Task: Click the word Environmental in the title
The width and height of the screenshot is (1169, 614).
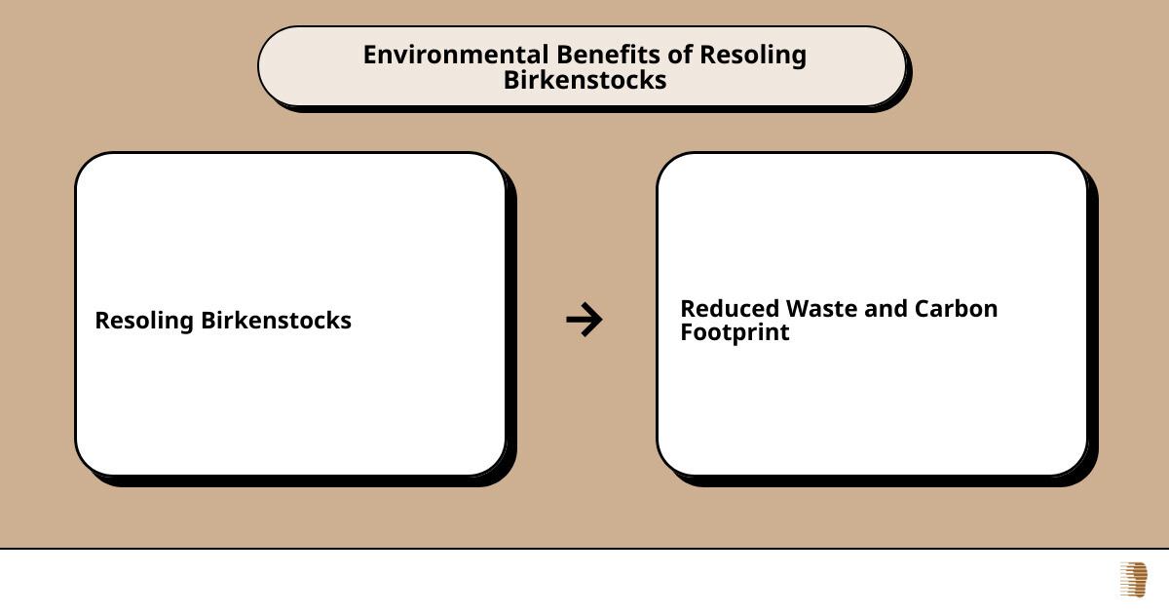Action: point(456,55)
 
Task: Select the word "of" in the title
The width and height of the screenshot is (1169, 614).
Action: point(680,55)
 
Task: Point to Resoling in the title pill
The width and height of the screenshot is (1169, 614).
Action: point(753,56)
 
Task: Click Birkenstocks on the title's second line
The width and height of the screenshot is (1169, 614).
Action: point(584,80)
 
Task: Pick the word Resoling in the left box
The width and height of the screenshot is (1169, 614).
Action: point(144,321)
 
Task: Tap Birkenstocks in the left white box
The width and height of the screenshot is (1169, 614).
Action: point(276,320)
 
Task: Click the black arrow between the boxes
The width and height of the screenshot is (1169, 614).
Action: point(584,320)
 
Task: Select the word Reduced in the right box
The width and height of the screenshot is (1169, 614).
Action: point(730,309)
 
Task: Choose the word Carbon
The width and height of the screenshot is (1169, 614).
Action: point(956,309)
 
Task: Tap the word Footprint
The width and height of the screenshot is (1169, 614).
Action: point(735,332)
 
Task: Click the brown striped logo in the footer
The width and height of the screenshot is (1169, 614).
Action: point(1134,580)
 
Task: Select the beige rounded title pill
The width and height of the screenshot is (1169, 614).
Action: point(582,66)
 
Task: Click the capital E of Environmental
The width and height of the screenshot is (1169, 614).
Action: point(370,55)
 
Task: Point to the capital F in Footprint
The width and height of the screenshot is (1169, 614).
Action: point(687,331)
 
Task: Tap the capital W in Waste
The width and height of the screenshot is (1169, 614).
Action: point(799,309)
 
